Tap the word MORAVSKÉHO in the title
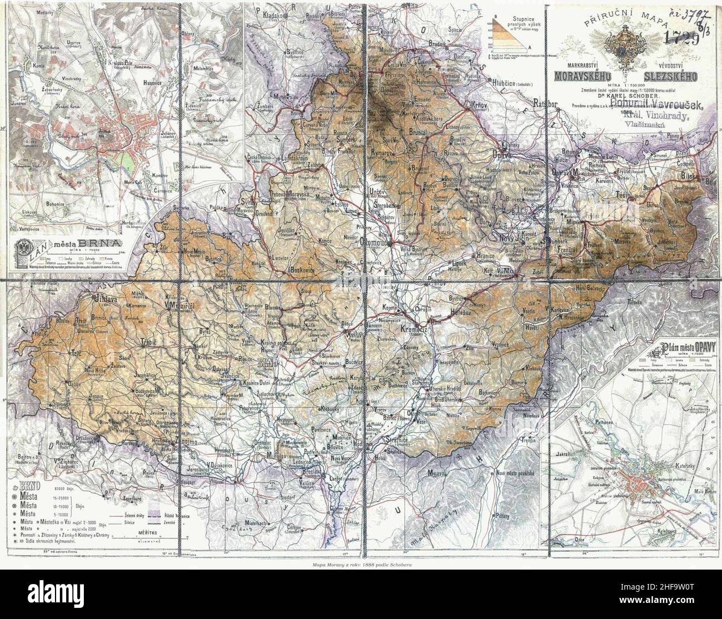pos(584,74)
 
